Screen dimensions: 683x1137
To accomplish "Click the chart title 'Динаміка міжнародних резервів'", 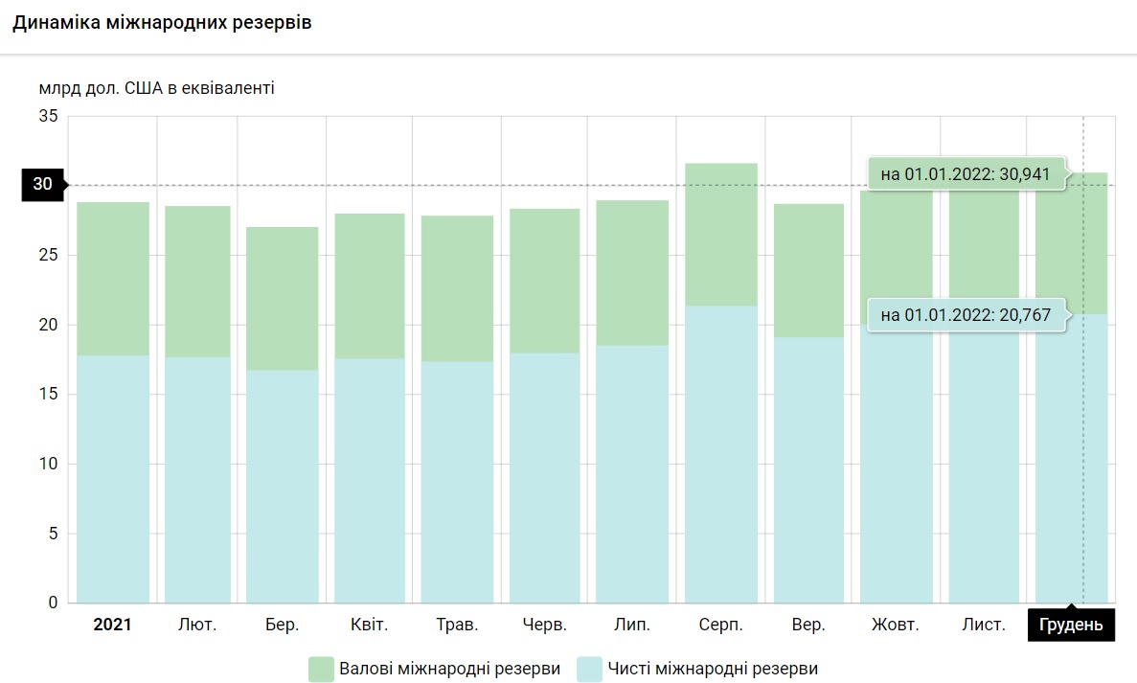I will [x=162, y=23].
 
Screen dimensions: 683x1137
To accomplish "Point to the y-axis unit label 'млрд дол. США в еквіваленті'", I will [x=157, y=88].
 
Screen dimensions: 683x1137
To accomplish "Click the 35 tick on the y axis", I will [x=48, y=116].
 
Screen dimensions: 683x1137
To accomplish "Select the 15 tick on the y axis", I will [x=48, y=394].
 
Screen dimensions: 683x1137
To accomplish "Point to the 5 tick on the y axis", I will [x=53, y=534].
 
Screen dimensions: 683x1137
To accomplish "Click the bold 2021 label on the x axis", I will [x=112, y=626].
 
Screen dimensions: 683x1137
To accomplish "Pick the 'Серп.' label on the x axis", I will [x=720, y=626].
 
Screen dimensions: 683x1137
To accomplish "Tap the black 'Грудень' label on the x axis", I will [x=1071, y=626].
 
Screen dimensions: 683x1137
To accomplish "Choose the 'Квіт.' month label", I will [x=369, y=626].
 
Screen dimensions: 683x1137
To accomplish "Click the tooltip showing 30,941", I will [x=966, y=174].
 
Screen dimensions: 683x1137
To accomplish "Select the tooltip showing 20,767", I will [x=966, y=315].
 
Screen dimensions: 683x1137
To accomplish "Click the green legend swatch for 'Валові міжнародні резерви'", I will [x=320, y=669].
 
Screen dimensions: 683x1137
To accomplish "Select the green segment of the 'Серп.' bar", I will [x=721, y=235].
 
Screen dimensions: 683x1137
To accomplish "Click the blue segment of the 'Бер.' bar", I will [x=283, y=487].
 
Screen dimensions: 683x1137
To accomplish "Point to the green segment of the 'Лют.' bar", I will [x=197, y=282].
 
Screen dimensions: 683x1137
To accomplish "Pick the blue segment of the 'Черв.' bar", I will [x=544, y=478].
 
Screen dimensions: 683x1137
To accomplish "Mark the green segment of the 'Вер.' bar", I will [x=809, y=270].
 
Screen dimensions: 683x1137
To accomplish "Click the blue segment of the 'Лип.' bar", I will [x=632, y=474].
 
